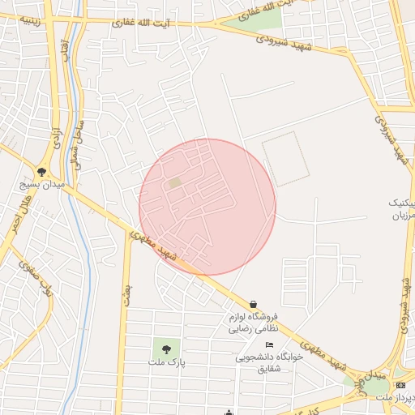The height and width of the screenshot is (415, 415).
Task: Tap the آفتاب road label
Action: (65, 50)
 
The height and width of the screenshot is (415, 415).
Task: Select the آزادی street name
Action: (56, 138)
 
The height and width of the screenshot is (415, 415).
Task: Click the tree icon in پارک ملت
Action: (166, 349)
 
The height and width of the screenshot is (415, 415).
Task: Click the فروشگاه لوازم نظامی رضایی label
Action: (252, 323)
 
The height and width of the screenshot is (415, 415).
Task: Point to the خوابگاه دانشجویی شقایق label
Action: (268, 362)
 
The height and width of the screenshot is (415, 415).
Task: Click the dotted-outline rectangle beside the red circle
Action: (285, 158)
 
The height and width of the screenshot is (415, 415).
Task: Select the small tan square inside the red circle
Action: (175, 183)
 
